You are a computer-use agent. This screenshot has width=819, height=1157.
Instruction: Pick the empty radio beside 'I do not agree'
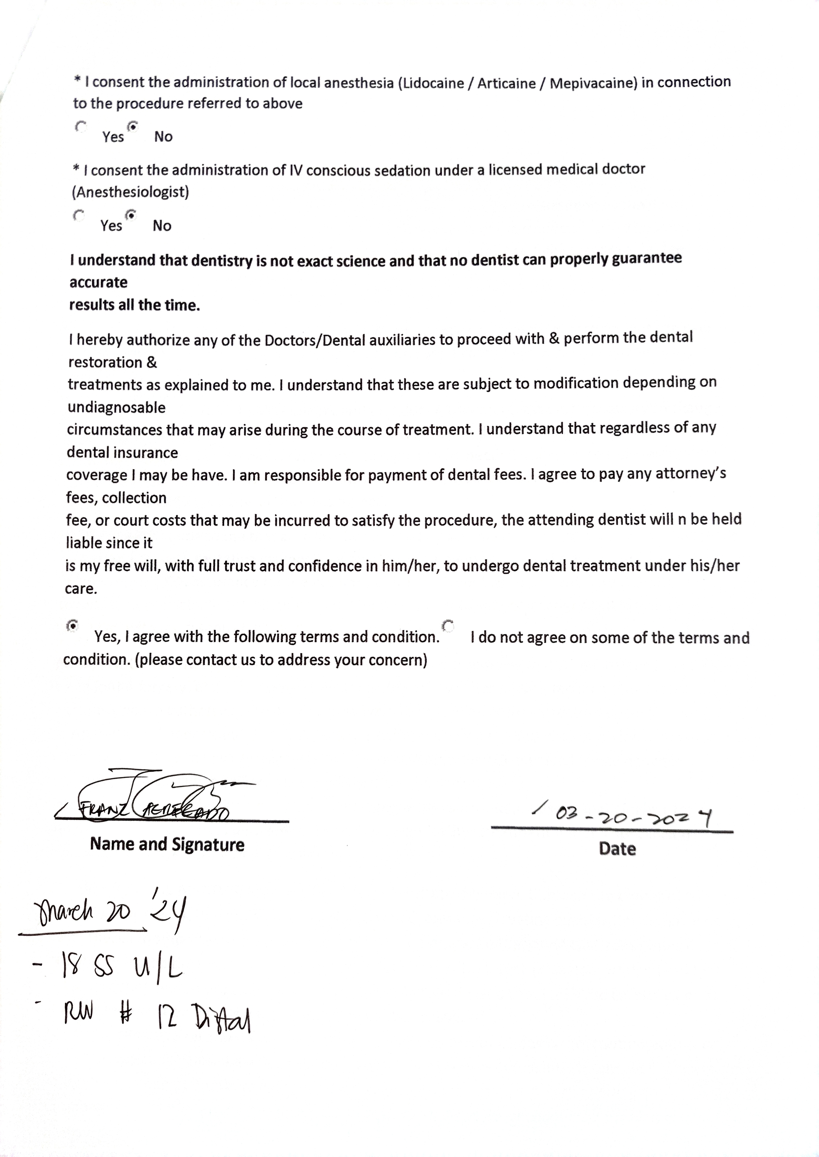pos(448,626)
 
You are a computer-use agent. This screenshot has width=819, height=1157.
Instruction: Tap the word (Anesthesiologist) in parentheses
pos(130,192)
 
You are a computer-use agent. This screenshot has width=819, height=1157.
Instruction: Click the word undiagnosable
pos(116,407)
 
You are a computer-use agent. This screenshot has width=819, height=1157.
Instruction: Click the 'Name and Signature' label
pos(167,844)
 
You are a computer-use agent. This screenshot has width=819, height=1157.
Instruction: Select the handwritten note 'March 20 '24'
pos(108,911)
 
